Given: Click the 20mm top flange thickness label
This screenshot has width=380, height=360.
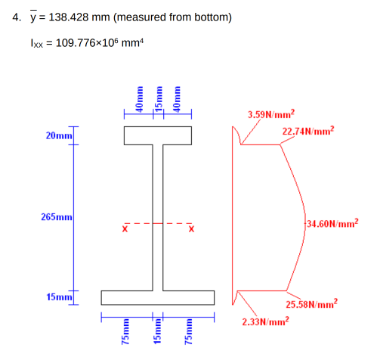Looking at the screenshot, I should (x=59, y=135).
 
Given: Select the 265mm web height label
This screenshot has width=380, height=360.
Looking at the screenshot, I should (x=57, y=218).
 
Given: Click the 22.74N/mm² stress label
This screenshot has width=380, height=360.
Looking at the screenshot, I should (x=307, y=131).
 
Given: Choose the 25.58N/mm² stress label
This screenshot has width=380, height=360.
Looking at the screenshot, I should (x=311, y=305).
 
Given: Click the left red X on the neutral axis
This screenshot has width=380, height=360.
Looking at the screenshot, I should (x=125, y=228).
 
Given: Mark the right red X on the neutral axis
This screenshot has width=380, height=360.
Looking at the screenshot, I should (x=190, y=228).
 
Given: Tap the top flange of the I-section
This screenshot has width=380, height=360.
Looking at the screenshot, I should (x=158, y=135).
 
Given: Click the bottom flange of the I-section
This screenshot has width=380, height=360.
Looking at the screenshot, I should (x=158, y=295).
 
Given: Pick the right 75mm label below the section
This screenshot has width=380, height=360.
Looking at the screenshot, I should (x=190, y=334).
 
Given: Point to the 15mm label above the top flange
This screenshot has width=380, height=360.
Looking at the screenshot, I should (x=158, y=98).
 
